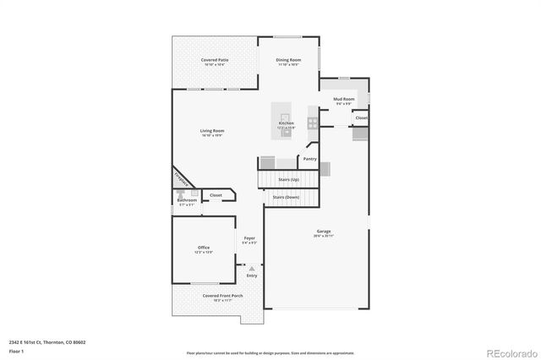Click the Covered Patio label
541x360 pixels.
[215, 60]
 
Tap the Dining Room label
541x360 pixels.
[289, 60]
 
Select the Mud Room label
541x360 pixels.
[343, 99]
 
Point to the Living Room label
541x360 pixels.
[212, 131]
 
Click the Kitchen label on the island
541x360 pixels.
[287, 123]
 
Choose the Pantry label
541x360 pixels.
[309, 158]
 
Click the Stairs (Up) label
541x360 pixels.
[288, 179]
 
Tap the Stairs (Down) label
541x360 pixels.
[287, 197]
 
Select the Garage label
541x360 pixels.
[323, 231]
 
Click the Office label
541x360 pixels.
[204, 248]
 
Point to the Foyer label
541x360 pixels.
[250, 238]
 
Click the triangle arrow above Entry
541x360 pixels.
[251, 269]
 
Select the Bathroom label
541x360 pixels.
[187, 200]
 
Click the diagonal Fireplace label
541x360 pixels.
[181, 179]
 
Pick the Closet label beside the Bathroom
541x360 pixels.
[216, 195]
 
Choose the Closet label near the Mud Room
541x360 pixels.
[361, 117]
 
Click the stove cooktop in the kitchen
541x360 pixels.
[312, 123]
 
